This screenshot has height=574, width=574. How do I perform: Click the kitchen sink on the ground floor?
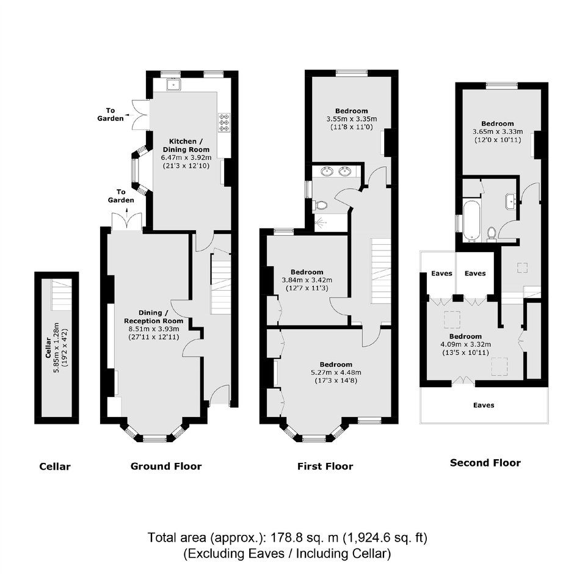[x=173, y=85]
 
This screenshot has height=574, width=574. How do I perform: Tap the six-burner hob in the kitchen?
[x=224, y=123]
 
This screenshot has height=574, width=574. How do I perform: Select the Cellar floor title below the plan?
[x=55, y=467]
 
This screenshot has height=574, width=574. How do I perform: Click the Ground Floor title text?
[x=166, y=466]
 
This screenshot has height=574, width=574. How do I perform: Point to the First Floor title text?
[x=325, y=466]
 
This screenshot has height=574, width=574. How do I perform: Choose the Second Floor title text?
[x=485, y=463]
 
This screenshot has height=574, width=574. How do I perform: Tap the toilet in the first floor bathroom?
[x=321, y=205]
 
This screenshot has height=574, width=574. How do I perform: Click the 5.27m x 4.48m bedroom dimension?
[x=336, y=372]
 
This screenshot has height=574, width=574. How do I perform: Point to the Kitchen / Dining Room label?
[x=186, y=145]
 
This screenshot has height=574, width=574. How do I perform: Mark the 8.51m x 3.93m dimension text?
[x=154, y=329]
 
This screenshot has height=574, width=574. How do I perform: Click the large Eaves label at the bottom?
[x=484, y=405]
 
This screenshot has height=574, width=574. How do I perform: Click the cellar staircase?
[x=61, y=295]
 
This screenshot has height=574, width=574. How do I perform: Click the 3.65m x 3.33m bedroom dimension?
[x=498, y=132]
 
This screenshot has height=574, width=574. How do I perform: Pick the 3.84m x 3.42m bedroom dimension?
[x=307, y=280]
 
